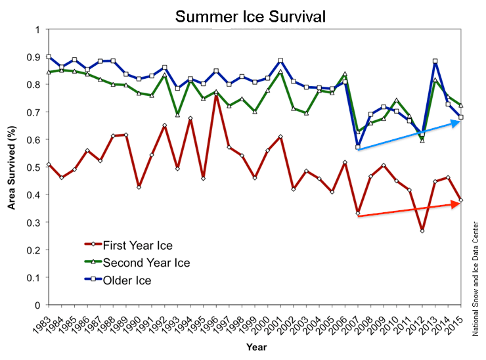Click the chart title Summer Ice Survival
[250, 14]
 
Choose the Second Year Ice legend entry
[141, 263]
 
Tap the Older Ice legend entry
[123, 281]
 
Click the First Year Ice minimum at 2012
[422, 231]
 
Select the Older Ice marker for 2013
[435, 62]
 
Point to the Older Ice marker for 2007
[358, 147]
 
